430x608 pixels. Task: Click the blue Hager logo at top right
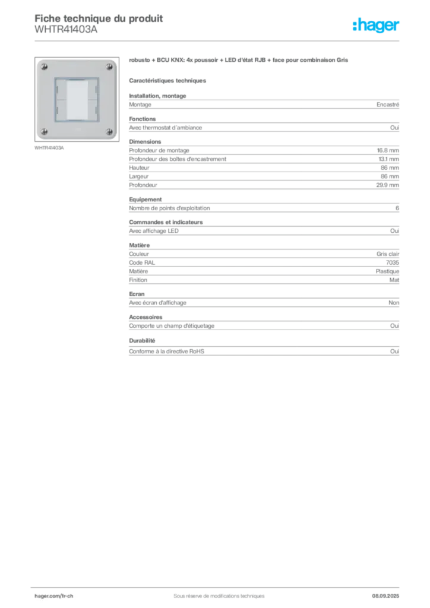pyautogui.click(x=377, y=26)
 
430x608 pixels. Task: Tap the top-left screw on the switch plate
pyautogui.click(x=43, y=66)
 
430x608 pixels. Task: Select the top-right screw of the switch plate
pyautogui.click(x=109, y=66)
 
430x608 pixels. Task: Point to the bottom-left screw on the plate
pyautogui.click(x=43, y=131)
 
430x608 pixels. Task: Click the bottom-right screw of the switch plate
pyautogui.click(x=109, y=131)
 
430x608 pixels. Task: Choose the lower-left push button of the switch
pyautogui.click(x=61, y=109)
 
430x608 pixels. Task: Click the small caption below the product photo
pyautogui.click(x=49, y=148)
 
